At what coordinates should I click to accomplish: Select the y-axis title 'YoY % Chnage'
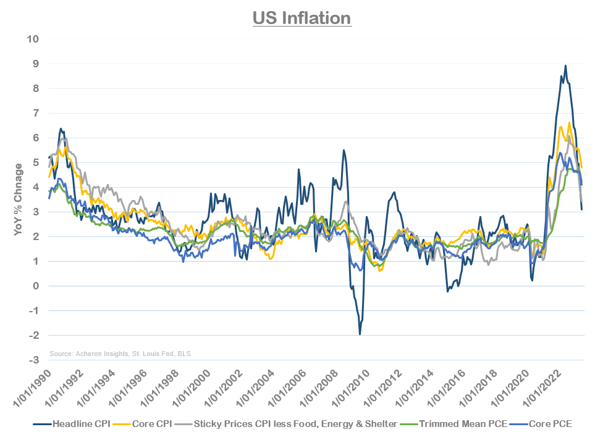[x=19, y=199]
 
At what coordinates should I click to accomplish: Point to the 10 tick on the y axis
[x=33, y=39]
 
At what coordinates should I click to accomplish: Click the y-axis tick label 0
[x=36, y=286]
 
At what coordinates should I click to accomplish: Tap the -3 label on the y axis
[x=34, y=360]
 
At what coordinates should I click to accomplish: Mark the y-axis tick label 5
[x=36, y=162]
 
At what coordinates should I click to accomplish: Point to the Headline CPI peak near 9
[x=565, y=65]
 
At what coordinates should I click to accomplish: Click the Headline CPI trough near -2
[x=360, y=334]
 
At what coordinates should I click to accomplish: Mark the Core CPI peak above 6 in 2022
[x=569, y=123]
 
